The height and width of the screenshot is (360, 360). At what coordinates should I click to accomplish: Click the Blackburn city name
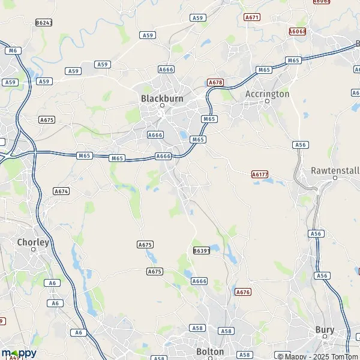pos(161,98)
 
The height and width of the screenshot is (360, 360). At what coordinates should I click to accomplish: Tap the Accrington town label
pos(268,94)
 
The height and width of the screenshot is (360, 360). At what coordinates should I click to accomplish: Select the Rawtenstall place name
pos(334,170)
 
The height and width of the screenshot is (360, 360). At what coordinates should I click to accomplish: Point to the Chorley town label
pos(33,242)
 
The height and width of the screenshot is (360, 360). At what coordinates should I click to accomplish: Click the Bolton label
pos(210,352)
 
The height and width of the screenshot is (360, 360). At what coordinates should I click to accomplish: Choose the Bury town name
pos(325,329)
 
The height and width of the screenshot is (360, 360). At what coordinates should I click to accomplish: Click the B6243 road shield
pos(44,22)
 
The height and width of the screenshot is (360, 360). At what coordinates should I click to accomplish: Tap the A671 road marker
pos(252,17)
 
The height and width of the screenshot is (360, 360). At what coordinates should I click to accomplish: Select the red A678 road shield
pos(215,82)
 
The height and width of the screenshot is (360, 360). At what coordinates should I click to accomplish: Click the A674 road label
pos(61,191)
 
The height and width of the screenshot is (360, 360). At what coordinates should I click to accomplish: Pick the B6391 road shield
pos(202,250)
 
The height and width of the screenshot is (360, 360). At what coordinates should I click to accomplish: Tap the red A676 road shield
pos(243,292)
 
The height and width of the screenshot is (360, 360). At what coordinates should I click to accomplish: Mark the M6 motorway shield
pos(13,50)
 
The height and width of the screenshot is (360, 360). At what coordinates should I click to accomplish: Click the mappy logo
pos(19,353)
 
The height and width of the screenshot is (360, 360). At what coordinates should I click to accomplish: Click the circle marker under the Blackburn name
pos(161,106)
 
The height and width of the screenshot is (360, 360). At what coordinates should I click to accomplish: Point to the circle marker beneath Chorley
pos(34,250)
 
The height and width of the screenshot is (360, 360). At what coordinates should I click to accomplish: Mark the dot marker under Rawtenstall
pos(334,178)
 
